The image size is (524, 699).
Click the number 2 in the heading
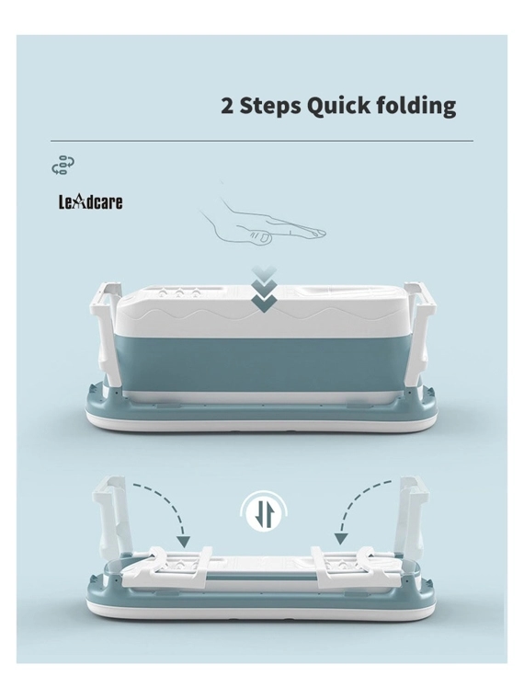(x=227, y=106)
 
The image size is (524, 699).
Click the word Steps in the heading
(x=270, y=107)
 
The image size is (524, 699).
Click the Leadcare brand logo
(x=90, y=202)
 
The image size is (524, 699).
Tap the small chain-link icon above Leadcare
(x=63, y=165)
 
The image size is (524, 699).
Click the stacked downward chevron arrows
(x=264, y=290)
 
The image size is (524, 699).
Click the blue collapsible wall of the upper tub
(x=264, y=363)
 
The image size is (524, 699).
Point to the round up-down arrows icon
(x=264, y=511)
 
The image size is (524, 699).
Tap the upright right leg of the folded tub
(x=414, y=517)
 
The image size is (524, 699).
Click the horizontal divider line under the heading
(x=262, y=141)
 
